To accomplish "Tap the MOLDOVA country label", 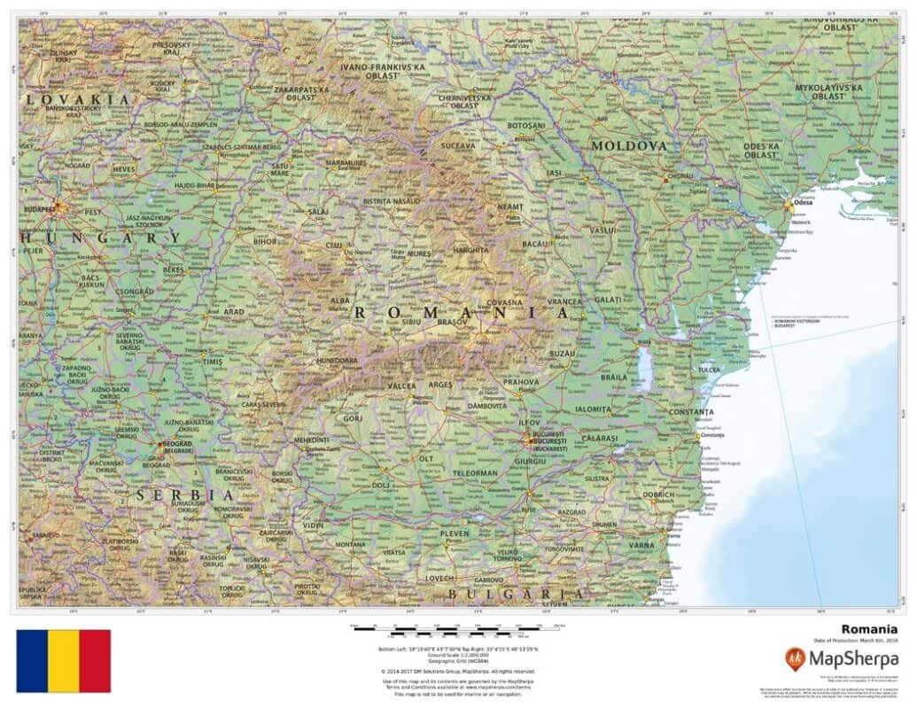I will (x=629, y=144).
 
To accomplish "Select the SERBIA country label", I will (x=185, y=495).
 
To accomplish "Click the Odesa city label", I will (x=804, y=203).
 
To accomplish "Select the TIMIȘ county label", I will (x=214, y=362).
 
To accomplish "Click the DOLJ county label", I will (x=381, y=485).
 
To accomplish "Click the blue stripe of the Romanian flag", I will (x=32, y=660).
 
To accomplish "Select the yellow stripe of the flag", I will (x=63, y=660).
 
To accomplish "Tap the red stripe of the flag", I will (x=95, y=660).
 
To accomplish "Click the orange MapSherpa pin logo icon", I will (x=796, y=658).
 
